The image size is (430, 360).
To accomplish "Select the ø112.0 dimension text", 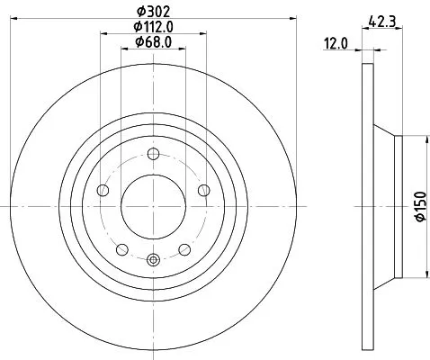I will click(153, 27).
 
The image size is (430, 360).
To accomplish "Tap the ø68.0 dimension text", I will click(153, 41).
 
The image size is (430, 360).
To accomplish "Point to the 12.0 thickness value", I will click(337, 41).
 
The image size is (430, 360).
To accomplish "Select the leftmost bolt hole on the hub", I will click(101, 191).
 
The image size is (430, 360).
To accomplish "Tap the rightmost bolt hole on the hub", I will click(204, 190).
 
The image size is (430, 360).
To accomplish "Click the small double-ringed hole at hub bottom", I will click(152, 261).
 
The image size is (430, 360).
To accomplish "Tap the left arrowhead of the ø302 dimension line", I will click(19, 20).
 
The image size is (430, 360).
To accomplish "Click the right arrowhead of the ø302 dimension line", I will click(287, 20).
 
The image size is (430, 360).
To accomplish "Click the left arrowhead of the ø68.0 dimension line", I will click(123, 50).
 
